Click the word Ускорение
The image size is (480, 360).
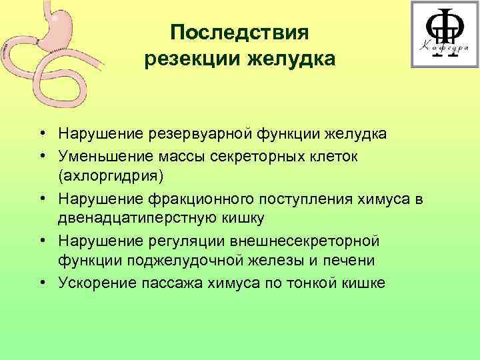click(95, 283)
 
